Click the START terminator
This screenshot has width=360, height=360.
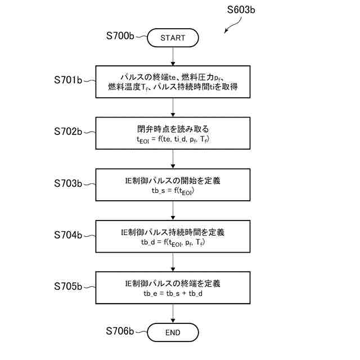[x=173, y=38]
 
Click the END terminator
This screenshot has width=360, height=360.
[x=173, y=332]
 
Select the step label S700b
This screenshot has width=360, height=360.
[x=120, y=35]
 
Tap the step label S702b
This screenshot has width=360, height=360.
[x=67, y=132]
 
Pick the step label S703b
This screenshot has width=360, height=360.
[x=67, y=183]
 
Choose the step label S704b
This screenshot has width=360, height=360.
[x=67, y=235]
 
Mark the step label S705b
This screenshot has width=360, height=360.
[x=67, y=286]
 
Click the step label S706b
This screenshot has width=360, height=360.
[x=120, y=330]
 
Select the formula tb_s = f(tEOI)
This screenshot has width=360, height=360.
[x=173, y=191]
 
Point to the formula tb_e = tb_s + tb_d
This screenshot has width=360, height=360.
[x=173, y=294]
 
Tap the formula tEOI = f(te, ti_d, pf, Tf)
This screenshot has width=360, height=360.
[x=173, y=139]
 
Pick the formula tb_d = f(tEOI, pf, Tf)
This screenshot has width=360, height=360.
[x=173, y=242]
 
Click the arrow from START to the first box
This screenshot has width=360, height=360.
[x=173, y=56]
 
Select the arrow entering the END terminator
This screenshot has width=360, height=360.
[x=173, y=314]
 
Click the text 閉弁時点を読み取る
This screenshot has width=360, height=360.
[x=173, y=129]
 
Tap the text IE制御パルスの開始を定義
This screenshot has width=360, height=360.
[x=173, y=181]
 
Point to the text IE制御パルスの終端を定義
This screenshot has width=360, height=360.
[x=173, y=283]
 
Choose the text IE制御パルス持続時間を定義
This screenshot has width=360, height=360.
[x=173, y=232]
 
